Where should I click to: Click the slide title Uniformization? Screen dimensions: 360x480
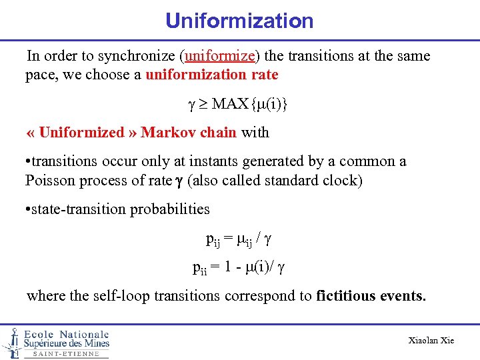[239, 21]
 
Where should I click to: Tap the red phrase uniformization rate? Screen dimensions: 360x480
[211, 75]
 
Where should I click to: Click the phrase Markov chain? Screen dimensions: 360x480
[189, 132]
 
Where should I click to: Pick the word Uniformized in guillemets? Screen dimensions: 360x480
[81, 132]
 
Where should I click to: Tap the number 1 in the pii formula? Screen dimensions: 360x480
[229, 267]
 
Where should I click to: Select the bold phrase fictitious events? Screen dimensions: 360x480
[371, 296]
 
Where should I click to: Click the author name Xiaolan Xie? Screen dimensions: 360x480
[431, 341]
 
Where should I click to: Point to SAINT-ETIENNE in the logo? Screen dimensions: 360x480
[66, 354]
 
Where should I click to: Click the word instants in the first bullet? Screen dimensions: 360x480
[218, 161]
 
